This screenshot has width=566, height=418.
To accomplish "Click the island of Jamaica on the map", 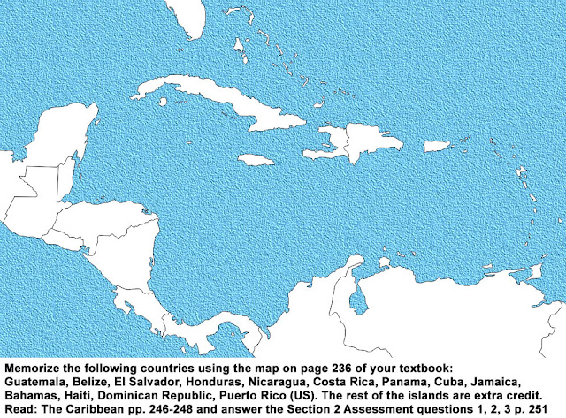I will coord(253,160).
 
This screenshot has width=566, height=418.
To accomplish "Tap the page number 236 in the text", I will coord(310,364).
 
